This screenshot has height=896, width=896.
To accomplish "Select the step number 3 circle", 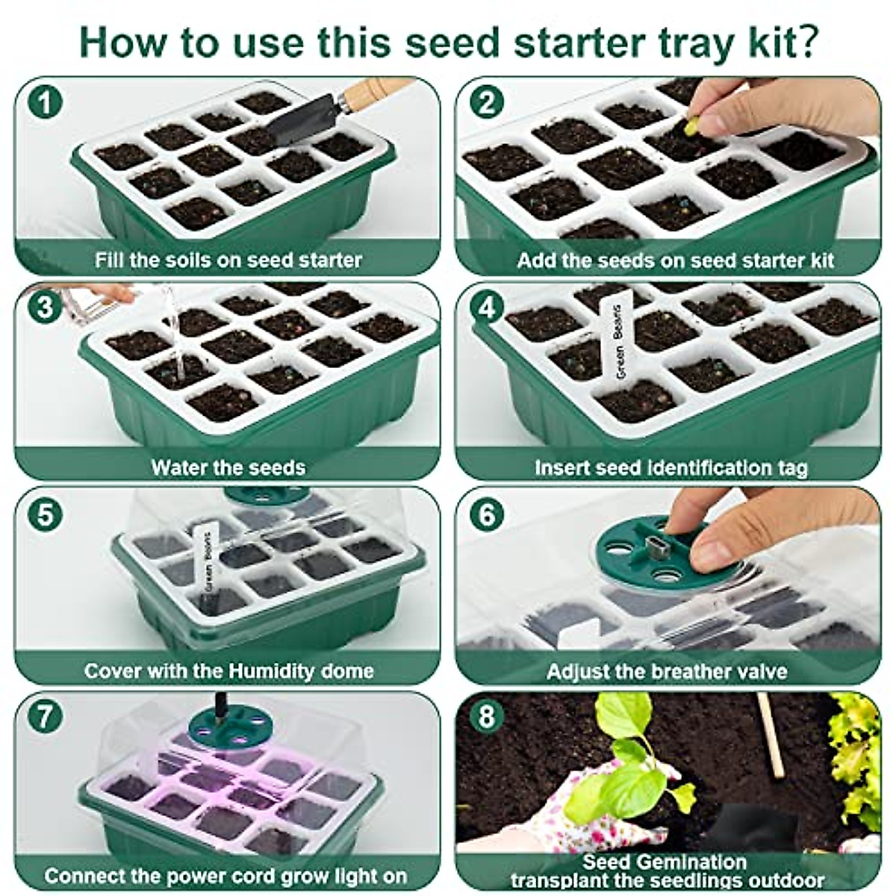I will click(x=46, y=307).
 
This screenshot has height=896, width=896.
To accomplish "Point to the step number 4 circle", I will click(x=487, y=307).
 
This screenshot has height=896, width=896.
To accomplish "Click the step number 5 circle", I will click(x=46, y=514).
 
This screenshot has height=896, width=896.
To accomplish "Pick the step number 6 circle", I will click(x=487, y=514).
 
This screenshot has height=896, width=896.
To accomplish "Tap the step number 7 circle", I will click(x=46, y=716).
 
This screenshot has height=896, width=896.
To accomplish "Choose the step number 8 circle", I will click(x=487, y=716).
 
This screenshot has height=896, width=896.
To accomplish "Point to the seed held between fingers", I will click(x=693, y=122).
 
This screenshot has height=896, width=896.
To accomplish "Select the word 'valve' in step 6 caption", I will click(x=759, y=671).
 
